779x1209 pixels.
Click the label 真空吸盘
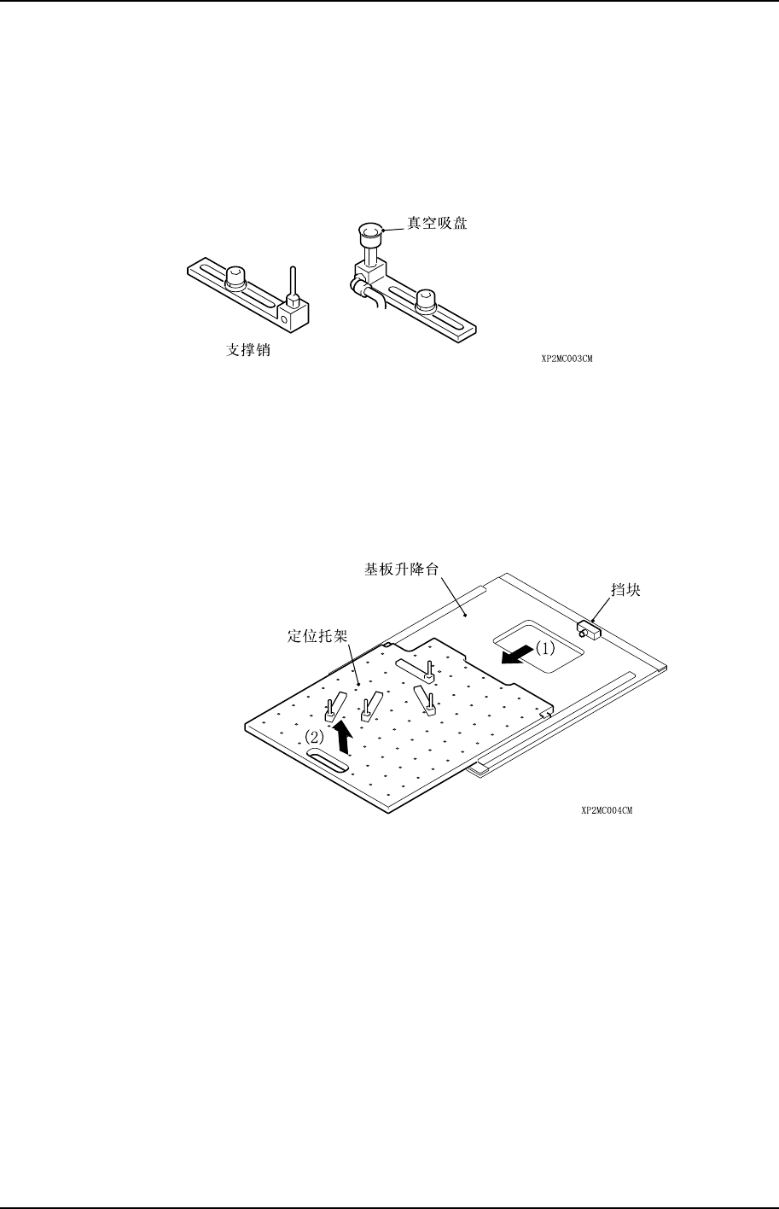(437, 224)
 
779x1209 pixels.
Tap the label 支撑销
(242, 351)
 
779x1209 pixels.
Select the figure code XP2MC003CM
(567, 359)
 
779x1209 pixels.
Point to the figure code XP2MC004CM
(607, 811)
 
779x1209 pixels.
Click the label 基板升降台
(401, 569)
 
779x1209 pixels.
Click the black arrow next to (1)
(514, 656)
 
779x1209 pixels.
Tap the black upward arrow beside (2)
(343, 736)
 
